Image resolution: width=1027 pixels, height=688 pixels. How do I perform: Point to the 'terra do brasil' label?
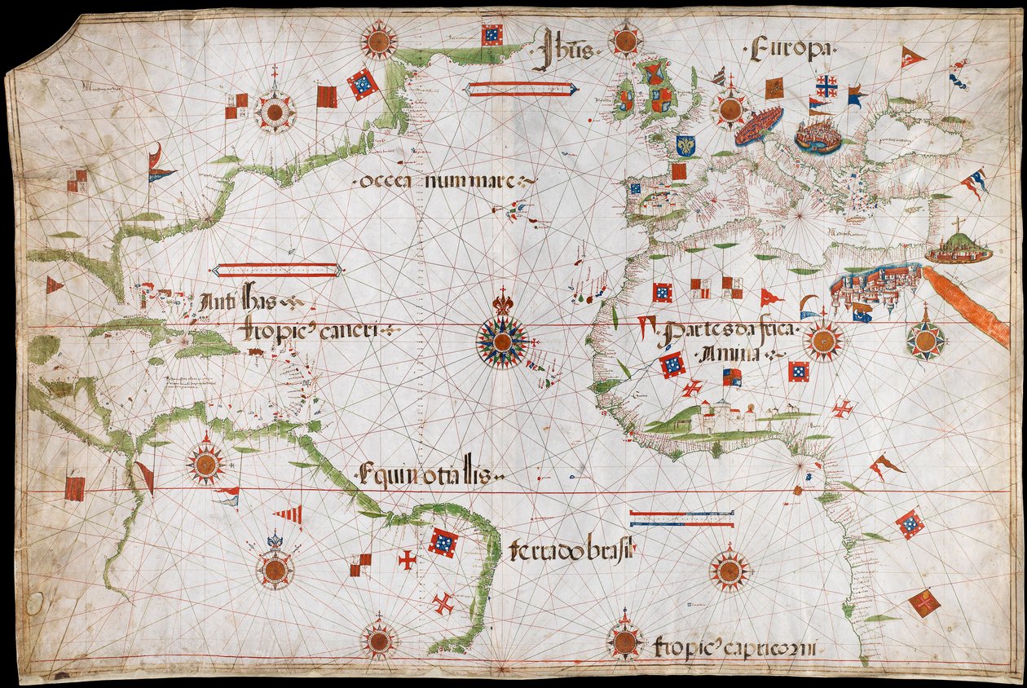[x=571, y=553]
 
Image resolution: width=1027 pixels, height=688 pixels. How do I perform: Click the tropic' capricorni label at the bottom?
[x=735, y=649]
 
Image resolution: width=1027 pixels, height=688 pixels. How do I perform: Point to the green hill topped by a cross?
[x=958, y=247]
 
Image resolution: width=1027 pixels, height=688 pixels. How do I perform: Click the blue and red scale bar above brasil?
[x=681, y=518]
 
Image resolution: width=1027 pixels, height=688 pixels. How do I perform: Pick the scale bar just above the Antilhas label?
[x=275, y=270]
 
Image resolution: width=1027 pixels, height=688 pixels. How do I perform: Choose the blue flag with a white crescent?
[x=862, y=311]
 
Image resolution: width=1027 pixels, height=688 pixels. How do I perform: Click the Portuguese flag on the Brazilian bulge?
[x=442, y=542]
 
